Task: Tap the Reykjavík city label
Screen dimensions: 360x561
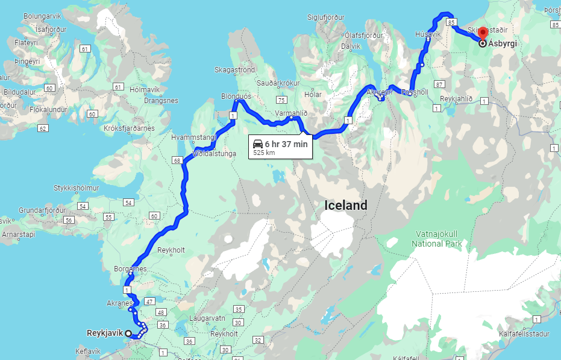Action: point(105,333)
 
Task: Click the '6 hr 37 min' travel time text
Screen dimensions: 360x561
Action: point(286,144)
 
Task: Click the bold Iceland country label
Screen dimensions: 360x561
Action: point(345,205)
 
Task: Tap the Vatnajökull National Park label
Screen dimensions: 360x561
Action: point(437,238)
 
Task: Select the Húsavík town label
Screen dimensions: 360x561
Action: point(428,35)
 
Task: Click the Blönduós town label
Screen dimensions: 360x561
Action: point(236,96)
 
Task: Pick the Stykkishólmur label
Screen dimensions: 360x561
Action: point(81,187)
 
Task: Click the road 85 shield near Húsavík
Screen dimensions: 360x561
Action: point(453,22)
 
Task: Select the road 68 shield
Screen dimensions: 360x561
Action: point(177,160)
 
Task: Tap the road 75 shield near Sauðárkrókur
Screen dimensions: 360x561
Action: point(280,99)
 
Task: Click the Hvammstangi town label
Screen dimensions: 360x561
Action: point(193,137)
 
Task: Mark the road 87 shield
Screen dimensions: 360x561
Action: point(439,84)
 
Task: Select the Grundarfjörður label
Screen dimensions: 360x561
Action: point(42,210)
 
